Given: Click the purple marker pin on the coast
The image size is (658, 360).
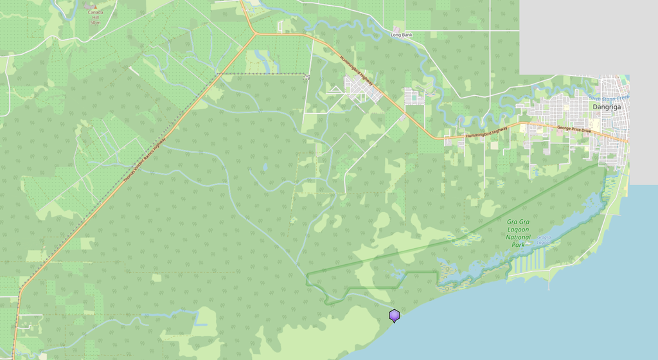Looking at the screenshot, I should click(x=394, y=315).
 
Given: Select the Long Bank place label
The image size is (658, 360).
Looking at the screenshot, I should click(x=402, y=35).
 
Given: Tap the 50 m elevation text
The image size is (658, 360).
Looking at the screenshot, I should click(x=95, y=22).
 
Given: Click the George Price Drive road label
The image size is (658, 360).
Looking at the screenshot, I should click(x=573, y=129).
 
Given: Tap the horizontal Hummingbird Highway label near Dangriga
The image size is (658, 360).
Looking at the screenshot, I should click(x=486, y=133).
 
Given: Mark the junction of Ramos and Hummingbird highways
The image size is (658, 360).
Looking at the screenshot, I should click(x=255, y=33).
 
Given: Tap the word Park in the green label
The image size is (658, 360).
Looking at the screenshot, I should click(x=519, y=245).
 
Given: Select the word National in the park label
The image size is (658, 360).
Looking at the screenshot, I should click(x=519, y=237).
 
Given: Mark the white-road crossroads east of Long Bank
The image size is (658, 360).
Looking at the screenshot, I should click(x=490, y=30).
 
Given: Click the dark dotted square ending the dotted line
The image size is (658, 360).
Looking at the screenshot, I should click(x=307, y=77).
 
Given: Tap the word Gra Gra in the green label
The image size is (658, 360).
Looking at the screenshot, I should click(x=518, y=222).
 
